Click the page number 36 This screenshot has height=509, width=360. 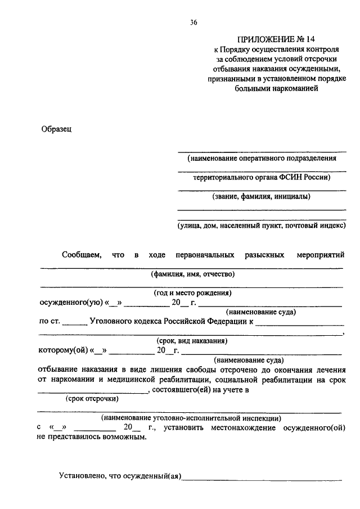(193, 22)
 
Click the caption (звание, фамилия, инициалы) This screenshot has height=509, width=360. (262, 197)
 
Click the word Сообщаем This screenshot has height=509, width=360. (82, 255)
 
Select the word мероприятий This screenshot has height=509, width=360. (320, 255)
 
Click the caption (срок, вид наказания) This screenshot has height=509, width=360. (192, 341)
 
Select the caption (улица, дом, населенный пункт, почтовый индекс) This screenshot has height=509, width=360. (262, 226)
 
